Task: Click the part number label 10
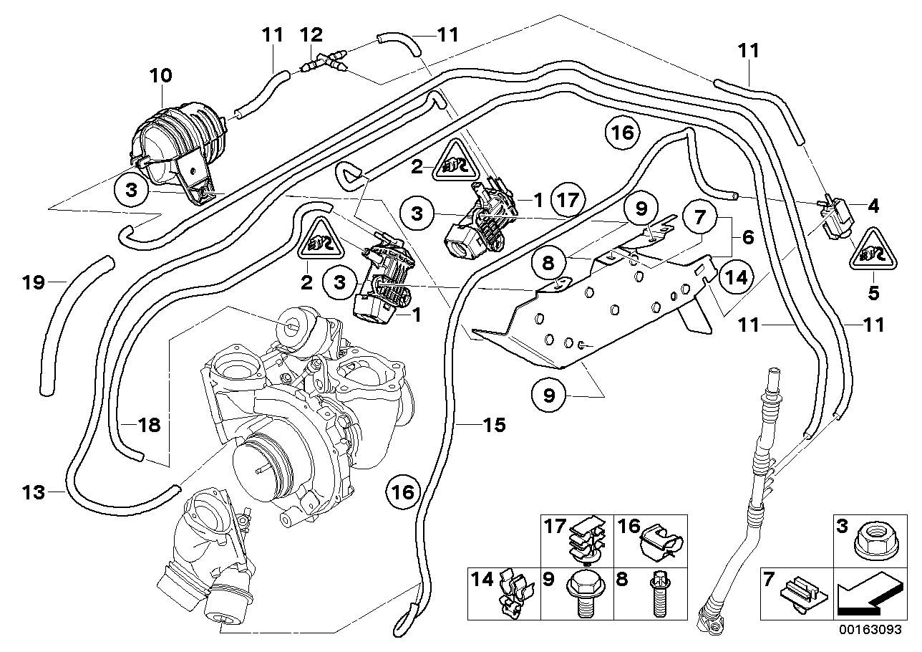161,75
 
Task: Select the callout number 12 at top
312,34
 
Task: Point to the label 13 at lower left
33,492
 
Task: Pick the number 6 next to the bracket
747,237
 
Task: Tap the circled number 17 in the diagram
569,200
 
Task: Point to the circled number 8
549,264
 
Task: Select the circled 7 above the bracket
699,214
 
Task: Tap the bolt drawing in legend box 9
583,594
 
